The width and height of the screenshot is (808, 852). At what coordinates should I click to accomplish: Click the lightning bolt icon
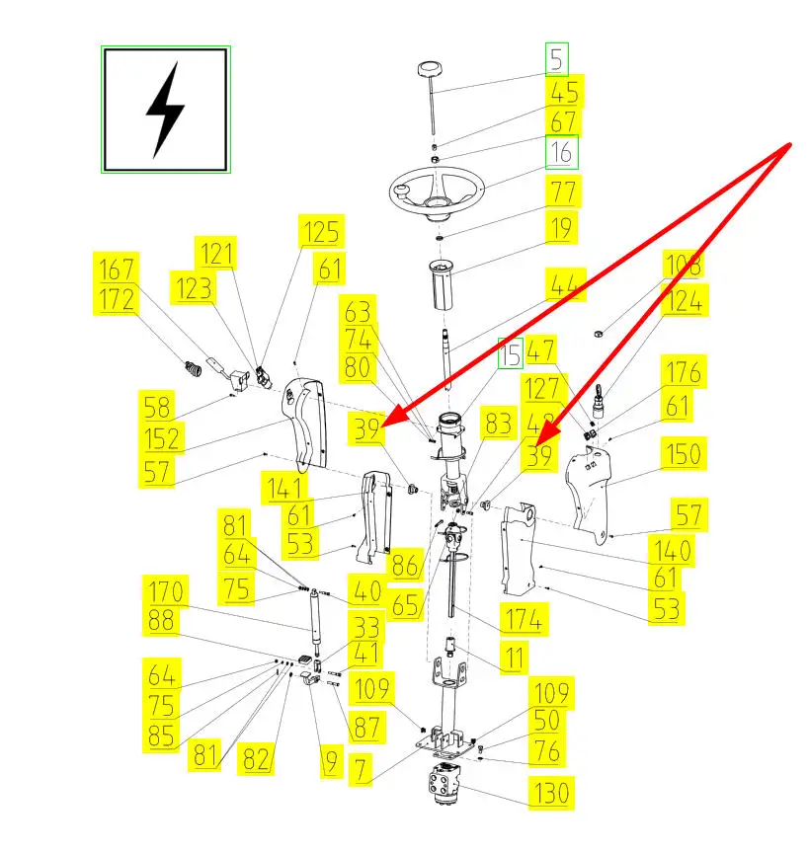(165, 110)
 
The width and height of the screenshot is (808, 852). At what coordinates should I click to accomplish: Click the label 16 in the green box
(561, 153)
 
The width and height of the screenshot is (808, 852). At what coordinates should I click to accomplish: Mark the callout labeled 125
(321, 232)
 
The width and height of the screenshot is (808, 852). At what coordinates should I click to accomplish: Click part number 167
(118, 268)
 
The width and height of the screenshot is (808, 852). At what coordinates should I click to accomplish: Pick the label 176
(683, 373)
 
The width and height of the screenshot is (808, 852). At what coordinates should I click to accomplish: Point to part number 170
(166, 592)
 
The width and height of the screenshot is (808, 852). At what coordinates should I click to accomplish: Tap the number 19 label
(561, 229)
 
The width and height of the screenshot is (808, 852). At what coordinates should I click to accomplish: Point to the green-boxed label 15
(509, 353)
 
